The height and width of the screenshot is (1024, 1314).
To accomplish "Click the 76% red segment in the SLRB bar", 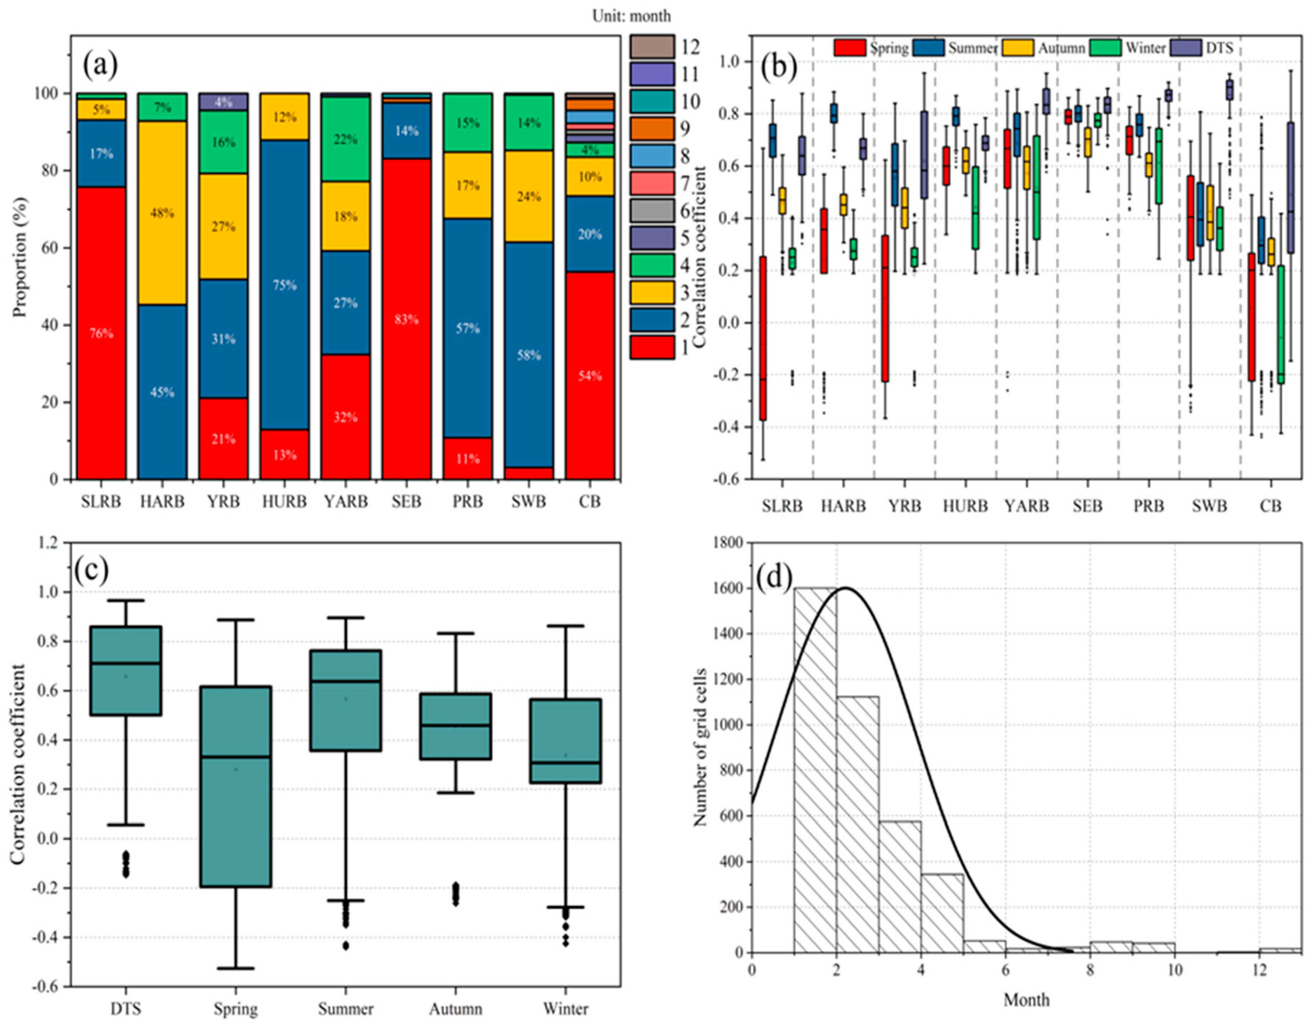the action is coord(101,333).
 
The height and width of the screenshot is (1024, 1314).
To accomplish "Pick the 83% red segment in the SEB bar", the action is coord(407,319).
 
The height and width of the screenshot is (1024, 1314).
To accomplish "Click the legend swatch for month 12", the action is coord(652,46).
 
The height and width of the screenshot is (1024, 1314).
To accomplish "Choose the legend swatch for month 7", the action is coord(652,183).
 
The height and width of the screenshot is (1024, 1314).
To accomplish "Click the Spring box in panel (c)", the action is coord(235,786).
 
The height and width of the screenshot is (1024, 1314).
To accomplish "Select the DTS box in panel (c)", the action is coord(126,671).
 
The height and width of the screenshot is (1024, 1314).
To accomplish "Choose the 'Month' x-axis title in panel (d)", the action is coord(1027,1000).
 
